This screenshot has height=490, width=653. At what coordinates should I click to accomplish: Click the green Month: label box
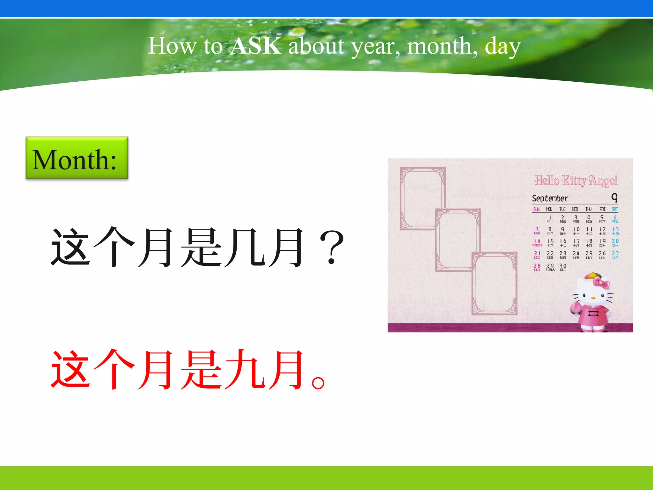click(77, 158)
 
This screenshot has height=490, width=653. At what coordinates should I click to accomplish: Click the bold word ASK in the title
click(256, 46)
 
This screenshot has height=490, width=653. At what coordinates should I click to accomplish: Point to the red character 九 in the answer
click(245, 370)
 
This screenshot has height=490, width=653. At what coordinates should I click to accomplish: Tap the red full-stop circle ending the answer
click(318, 382)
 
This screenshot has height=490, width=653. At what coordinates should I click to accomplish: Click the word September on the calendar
click(550, 198)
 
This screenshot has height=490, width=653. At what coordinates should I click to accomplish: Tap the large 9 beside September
click(614, 198)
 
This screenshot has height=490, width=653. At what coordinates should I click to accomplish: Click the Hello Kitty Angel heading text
click(576, 181)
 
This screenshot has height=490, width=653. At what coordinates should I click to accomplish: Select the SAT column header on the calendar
click(615, 209)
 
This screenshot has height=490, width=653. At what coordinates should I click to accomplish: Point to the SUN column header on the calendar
click(537, 209)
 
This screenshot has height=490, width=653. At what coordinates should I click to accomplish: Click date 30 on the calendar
click(563, 266)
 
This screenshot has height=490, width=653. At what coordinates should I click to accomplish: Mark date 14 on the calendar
click(537, 241)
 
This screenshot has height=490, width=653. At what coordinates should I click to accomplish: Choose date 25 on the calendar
click(589, 253)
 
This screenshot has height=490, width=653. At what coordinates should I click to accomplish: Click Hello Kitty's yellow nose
click(593, 298)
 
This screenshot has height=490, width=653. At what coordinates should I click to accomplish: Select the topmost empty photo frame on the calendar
click(422, 198)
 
